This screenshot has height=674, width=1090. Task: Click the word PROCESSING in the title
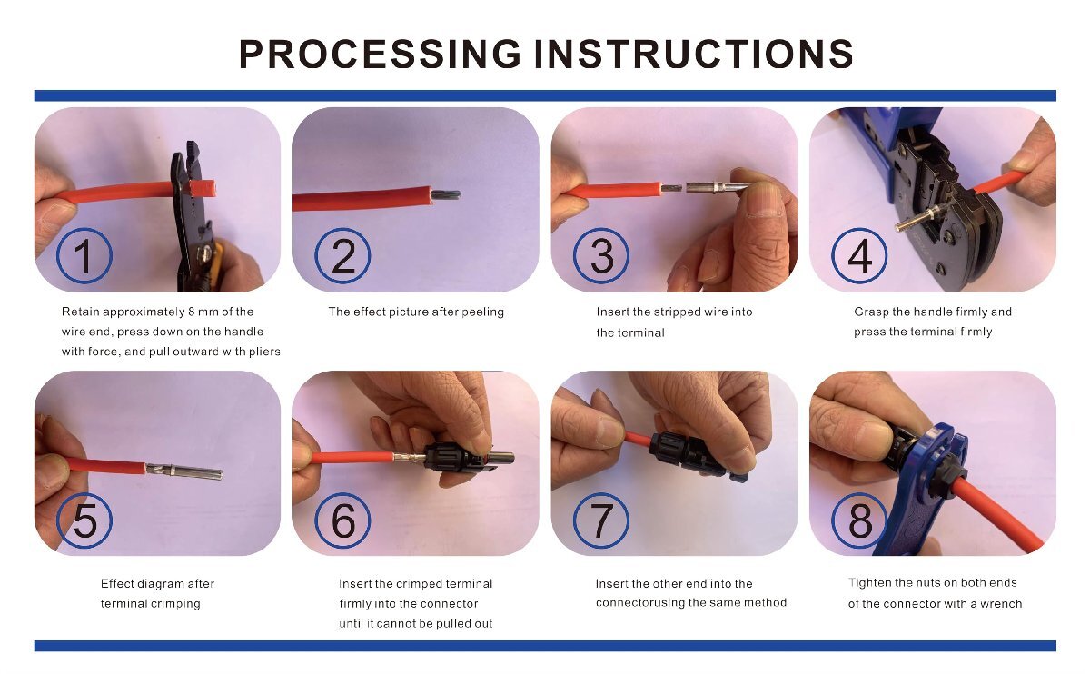pyautogui.click(x=380, y=54)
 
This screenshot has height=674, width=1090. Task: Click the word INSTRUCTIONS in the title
pyautogui.click(x=694, y=54)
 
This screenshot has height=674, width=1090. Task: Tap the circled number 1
pyautogui.click(x=84, y=255)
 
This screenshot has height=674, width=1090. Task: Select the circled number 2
pyautogui.click(x=342, y=255)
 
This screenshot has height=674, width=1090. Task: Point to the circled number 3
pyautogui.click(x=601, y=255)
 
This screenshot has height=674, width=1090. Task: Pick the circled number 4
pyautogui.click(x=859, y=255)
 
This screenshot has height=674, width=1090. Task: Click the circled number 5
pyautogui.click(x=84, y=520)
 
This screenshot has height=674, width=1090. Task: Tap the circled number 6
pyautogui.click(x=342, y=520)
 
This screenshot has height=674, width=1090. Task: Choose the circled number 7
pyautogui.click(x=601, y=520)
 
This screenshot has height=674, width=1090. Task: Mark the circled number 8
pyautogui.click(x=859, y=520)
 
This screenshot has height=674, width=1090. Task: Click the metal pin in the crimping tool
pyautogui.click(x=917, y=217)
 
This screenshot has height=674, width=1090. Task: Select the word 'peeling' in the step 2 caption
pyautogui.click(x=482, y=312)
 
